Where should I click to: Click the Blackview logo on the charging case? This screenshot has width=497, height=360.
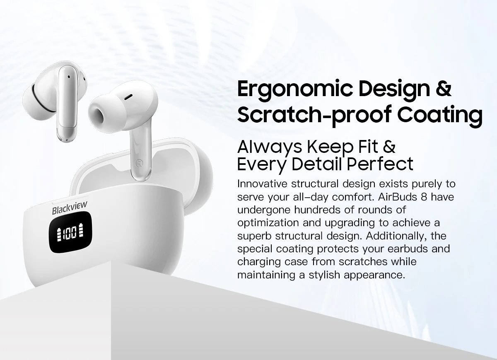click(x=70, y=208)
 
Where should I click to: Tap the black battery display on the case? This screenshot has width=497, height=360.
click(x=70, y=232)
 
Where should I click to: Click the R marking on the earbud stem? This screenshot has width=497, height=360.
click(x=139, y=164)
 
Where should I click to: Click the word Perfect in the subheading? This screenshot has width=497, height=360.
click(x=380, y=164)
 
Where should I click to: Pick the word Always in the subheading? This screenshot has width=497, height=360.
click(x=270, y=147)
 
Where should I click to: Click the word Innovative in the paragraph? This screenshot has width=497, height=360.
click(x=262, y=184)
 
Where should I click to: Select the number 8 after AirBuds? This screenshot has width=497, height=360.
click(x=424, y=197)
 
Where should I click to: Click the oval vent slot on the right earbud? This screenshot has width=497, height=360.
click(x=129, y=97)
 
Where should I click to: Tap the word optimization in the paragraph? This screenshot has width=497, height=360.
click(x=268, y=223)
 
